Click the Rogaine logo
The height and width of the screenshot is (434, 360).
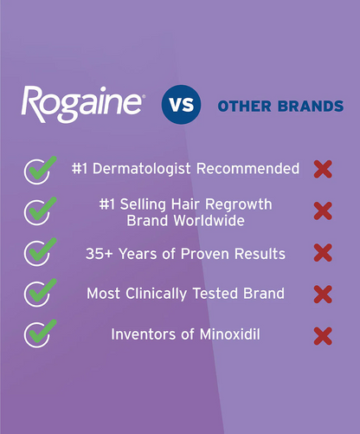82,105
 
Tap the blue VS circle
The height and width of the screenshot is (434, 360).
179,105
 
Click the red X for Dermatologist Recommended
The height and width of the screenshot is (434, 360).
323,169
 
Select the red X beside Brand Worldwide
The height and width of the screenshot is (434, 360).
323,211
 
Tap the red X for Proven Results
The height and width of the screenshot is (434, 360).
323,253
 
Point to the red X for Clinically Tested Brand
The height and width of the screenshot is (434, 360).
323,295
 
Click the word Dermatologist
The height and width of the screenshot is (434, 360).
144,169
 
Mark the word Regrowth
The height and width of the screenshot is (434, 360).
239,204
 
